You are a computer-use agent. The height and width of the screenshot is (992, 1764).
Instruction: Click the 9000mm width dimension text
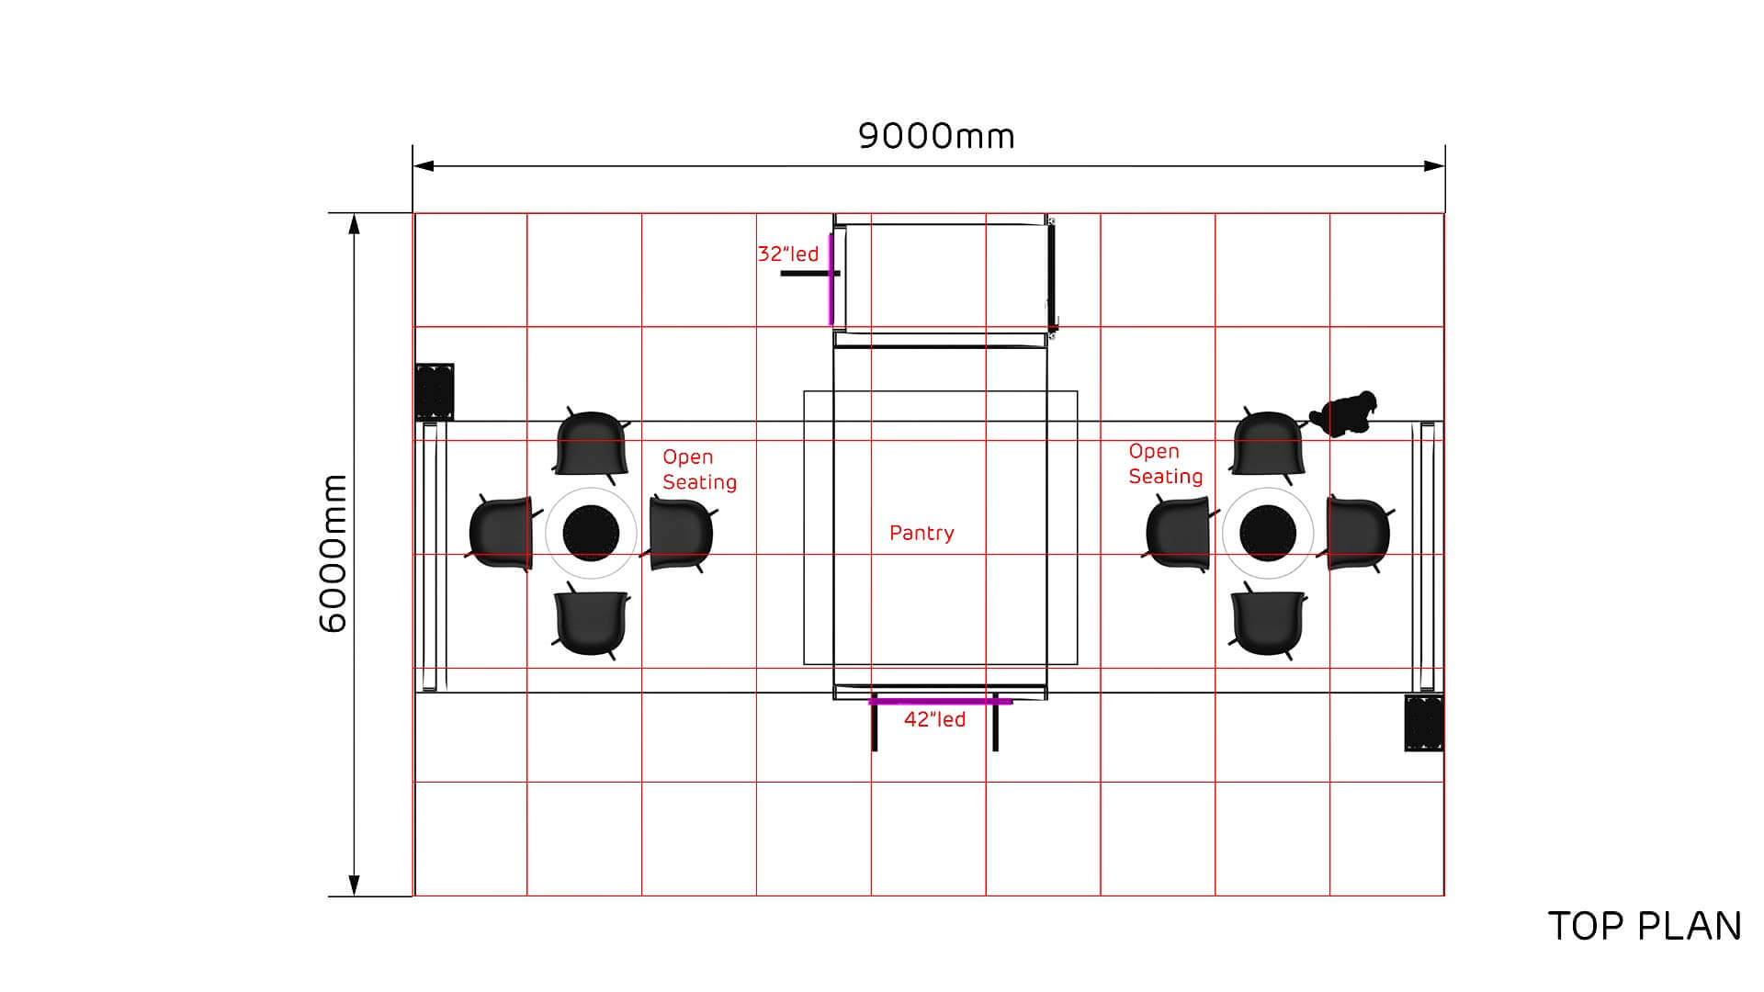coord(936,136)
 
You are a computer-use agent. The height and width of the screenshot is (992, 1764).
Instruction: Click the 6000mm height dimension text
coord(334,554)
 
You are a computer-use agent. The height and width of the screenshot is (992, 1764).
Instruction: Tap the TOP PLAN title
coord(1645,926)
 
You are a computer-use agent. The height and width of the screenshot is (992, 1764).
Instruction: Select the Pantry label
coord(922,533)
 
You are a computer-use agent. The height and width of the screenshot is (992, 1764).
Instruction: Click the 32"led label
coord(787,254)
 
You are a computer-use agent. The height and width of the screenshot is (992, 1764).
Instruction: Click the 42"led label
coord(934,719)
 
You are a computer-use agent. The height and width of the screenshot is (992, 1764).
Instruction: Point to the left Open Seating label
coord(699,469)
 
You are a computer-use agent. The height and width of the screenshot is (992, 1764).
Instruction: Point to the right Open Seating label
coord(1165,464)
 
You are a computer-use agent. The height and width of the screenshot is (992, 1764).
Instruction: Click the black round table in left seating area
coord(591,533)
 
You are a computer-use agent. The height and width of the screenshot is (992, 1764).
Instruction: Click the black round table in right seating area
coord(1268,533)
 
